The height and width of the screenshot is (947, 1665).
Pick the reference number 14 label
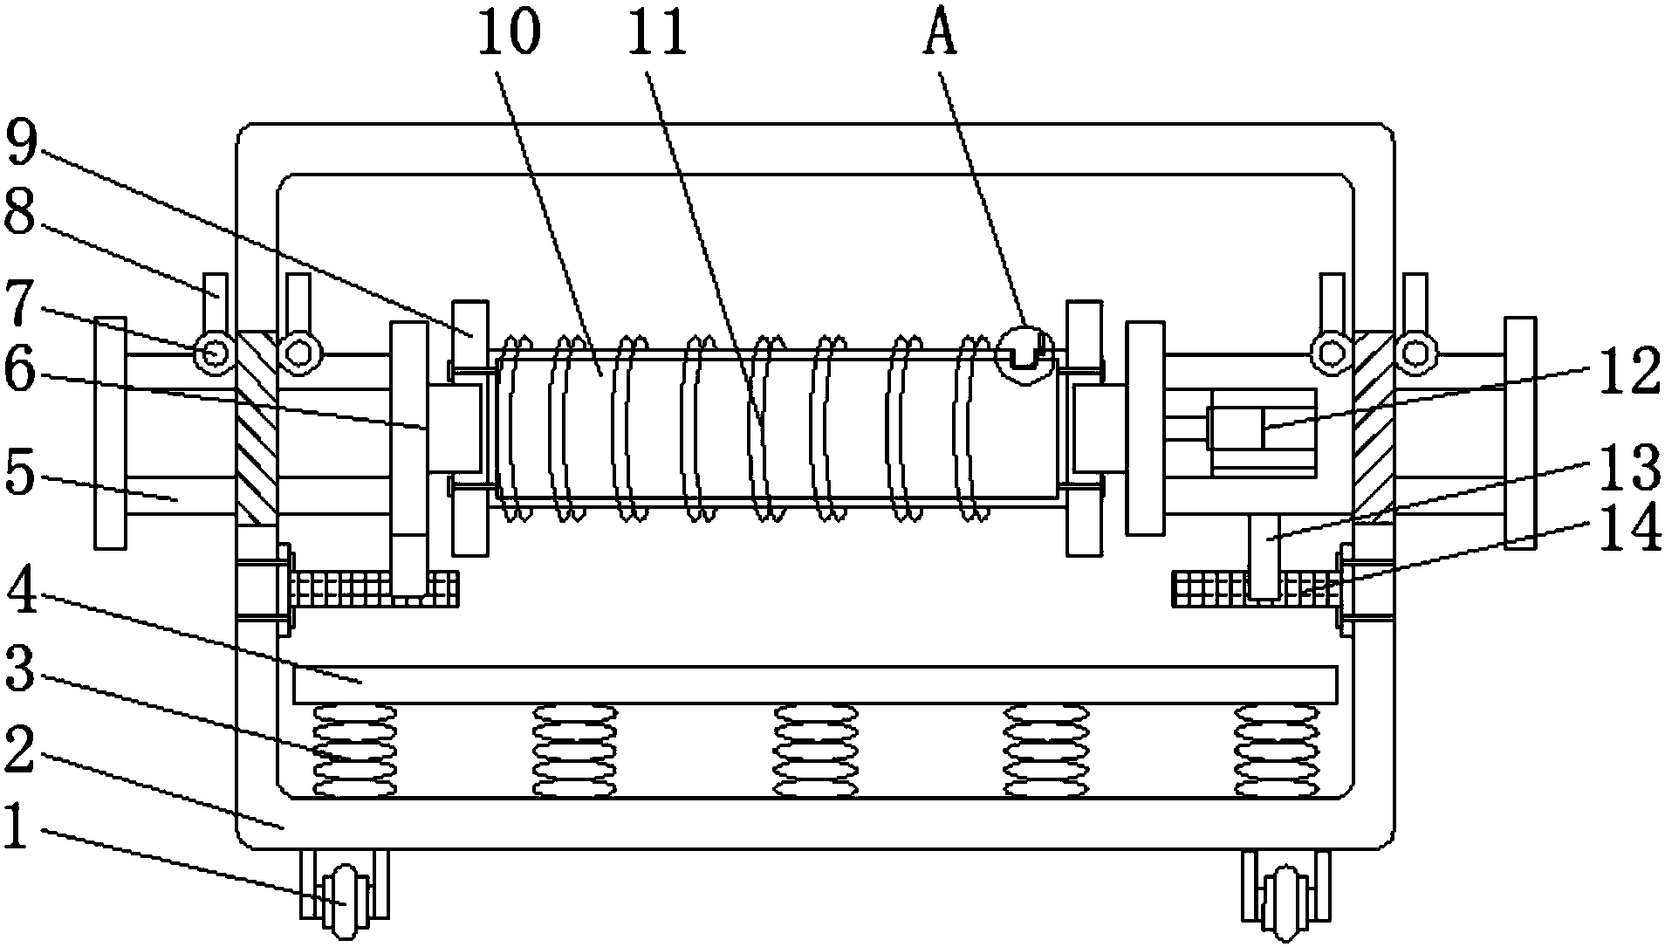pos(1630,529)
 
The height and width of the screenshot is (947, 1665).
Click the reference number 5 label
pos(21,474)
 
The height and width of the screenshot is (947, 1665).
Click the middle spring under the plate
pos(817,751)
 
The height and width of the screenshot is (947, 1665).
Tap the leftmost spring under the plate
pos(354,751)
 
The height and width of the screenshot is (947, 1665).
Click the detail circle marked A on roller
pos(1022,353)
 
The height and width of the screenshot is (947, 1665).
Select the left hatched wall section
pos(257,428)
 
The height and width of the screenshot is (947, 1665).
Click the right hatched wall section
pos(1374,428)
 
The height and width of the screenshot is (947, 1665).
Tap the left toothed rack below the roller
pos(375,589)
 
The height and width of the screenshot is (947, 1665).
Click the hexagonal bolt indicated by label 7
pos(214,353)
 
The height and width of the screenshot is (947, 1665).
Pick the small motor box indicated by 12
pos(1263,432)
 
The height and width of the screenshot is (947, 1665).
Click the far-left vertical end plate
pos(110,432)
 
